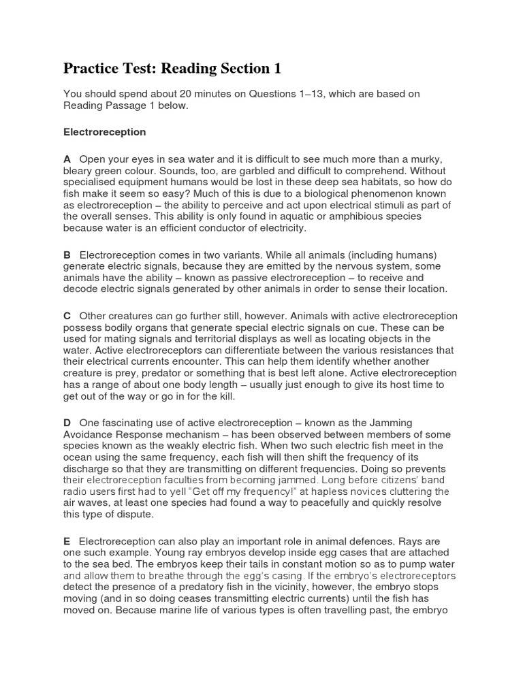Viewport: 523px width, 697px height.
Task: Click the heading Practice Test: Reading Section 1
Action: (x=172, y=69)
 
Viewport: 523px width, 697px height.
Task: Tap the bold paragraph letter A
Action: (x=67, y=158)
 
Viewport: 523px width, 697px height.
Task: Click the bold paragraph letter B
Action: (x=67, y=254)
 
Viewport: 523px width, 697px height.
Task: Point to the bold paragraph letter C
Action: (x=67, y=316)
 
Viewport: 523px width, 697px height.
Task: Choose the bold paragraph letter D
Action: (x=67, y=423)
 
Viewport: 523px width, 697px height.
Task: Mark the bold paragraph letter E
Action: (x=67, y=542)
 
